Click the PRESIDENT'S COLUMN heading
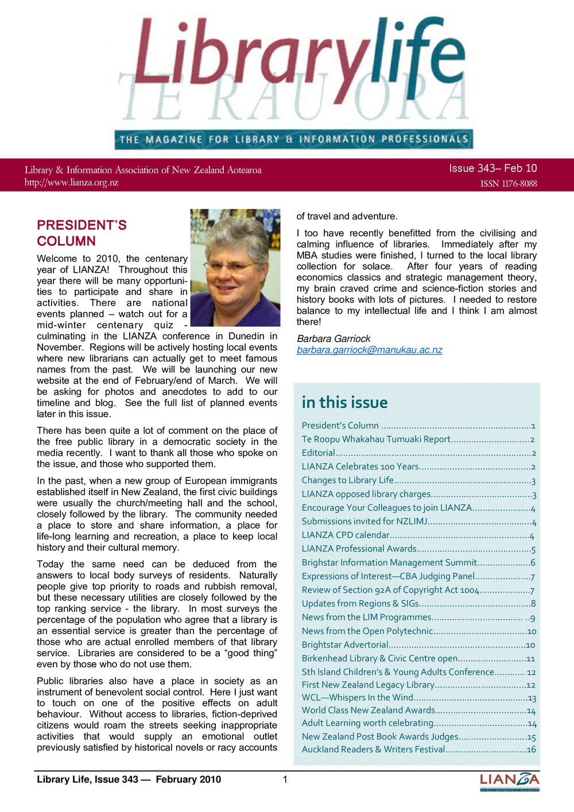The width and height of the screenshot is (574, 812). pos(82,233)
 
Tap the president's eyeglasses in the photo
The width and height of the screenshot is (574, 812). pos(230,267)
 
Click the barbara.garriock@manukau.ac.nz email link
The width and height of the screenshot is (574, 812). pos(369,350)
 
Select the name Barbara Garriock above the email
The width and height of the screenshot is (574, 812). pos(333,339)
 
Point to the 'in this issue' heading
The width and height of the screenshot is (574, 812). pos(344,403)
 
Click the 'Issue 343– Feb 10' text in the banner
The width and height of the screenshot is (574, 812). pos(492,169)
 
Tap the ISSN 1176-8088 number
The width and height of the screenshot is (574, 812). pos(509,184)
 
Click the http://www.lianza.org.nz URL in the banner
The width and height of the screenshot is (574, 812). pos(71,183)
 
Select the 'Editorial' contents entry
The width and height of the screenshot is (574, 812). pos(319,453)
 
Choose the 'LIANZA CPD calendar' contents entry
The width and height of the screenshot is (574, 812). pos(346,535)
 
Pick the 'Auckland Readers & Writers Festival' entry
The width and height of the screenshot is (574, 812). pos(373,749)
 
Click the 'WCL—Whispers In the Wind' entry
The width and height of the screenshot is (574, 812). pos(358,698)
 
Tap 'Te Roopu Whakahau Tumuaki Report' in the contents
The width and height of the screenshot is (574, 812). pos(376,439)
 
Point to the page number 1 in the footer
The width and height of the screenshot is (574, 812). pos(285,779)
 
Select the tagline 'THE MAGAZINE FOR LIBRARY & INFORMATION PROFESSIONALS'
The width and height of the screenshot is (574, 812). pos(294,139)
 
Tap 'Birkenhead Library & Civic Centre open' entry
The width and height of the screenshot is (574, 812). pos(379,659)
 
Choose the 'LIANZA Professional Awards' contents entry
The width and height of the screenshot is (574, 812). pos(359,549)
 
